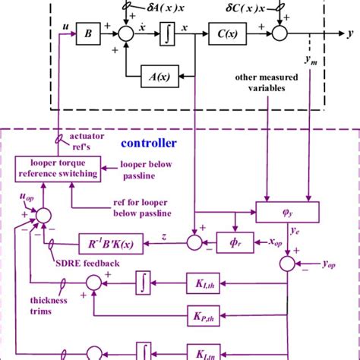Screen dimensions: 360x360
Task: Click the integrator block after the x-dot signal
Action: point(168,34)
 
